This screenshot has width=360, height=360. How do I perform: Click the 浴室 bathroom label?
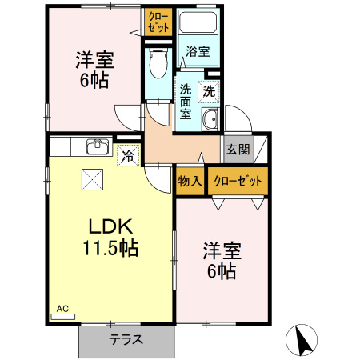[x=198, y=52]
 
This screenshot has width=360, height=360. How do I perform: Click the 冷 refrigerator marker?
[x=128, y=155]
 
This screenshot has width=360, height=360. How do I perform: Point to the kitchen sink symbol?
[x=98, y=146]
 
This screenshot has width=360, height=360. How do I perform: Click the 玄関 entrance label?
[x=238, y=149]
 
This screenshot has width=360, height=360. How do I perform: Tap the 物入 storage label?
[x=190, y=182]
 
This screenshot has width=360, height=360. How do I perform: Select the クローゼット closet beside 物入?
[x=238, y=182]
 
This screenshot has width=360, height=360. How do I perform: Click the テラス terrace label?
[x=126, y=339]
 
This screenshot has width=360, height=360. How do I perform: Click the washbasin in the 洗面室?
[x=210, y=121]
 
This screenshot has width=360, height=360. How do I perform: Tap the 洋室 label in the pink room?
[x=94, y=58]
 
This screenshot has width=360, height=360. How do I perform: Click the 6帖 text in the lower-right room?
[x=222, y=271]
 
